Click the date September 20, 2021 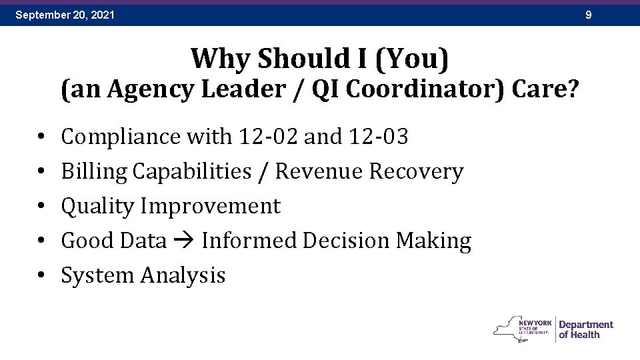(65, 14)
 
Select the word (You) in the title (412, 59)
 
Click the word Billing (94, 171)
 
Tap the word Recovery (416, 171)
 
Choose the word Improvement (210, 206)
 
